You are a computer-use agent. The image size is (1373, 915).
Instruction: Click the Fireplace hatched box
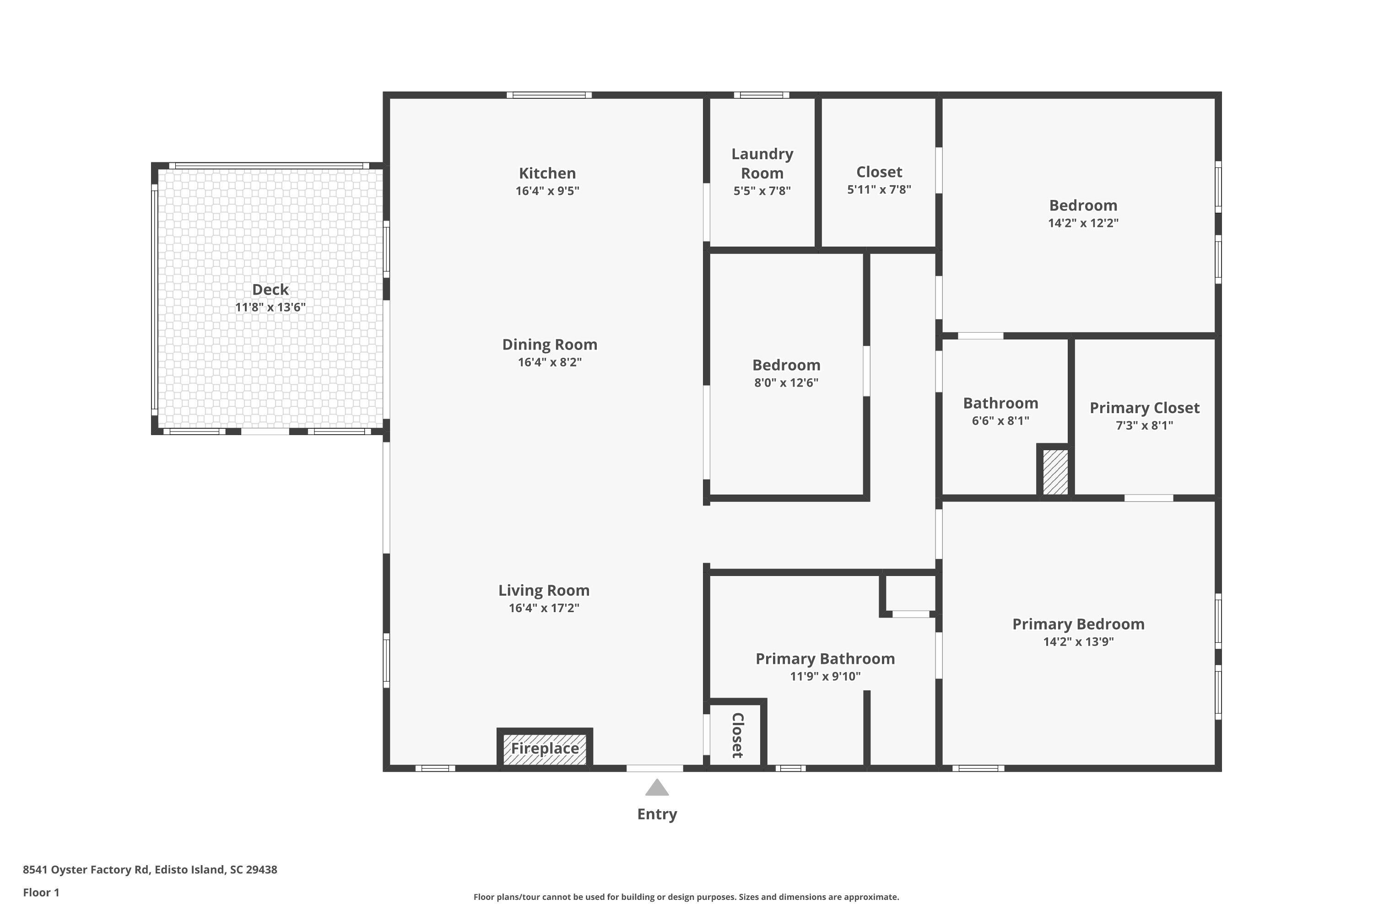(545, 748)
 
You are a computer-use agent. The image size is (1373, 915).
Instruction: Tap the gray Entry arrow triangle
(657, 788)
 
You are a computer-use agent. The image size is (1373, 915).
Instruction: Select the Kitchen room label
(547, 173)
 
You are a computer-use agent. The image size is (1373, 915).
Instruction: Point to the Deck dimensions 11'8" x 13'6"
(270, 307)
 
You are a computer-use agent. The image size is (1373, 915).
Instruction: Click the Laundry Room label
(762, 163)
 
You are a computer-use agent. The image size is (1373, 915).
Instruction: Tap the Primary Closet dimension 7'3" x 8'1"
(1144, 425)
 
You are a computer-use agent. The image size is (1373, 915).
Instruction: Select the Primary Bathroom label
(825, 659)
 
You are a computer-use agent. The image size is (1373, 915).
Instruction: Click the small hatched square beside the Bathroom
(1055, 472)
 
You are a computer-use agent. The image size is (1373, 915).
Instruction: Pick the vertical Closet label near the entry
(737, 735)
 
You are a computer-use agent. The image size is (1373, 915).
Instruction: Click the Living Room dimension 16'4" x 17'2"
(544, 608)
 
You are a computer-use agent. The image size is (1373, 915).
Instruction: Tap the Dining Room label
(549, 345)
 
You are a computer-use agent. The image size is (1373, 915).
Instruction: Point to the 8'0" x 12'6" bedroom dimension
(786, 383)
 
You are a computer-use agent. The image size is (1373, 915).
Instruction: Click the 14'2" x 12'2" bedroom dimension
(1083, 223)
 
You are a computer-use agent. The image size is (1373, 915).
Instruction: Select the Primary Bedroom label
(1078, 624)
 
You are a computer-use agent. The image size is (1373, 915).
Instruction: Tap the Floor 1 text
(41, 892)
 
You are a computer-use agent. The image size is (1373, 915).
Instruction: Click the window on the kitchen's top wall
(549, 95)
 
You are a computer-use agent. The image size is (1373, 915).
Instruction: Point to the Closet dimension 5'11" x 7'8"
(879, 190)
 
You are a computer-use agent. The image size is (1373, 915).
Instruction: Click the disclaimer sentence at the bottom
(686, 897)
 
